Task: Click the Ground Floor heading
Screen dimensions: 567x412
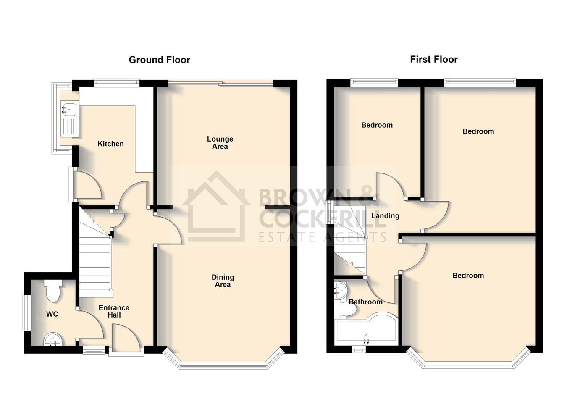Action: tap(159, 60)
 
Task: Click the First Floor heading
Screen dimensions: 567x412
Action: tap(434, 60)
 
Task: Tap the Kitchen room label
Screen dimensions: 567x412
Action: tap(110, 144)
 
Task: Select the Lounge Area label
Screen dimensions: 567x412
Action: tap(220, 142)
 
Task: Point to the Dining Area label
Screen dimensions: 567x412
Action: tap(223, 281)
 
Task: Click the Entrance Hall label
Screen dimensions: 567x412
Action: tap(114, 311)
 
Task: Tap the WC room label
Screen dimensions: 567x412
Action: tap(52, 314)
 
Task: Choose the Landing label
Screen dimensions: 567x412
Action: tap(385, 215)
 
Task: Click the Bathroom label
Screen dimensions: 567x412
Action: tap(365, 302)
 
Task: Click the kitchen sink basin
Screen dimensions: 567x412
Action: tap(68, 109)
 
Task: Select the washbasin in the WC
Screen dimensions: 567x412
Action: tap(52, 339)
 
